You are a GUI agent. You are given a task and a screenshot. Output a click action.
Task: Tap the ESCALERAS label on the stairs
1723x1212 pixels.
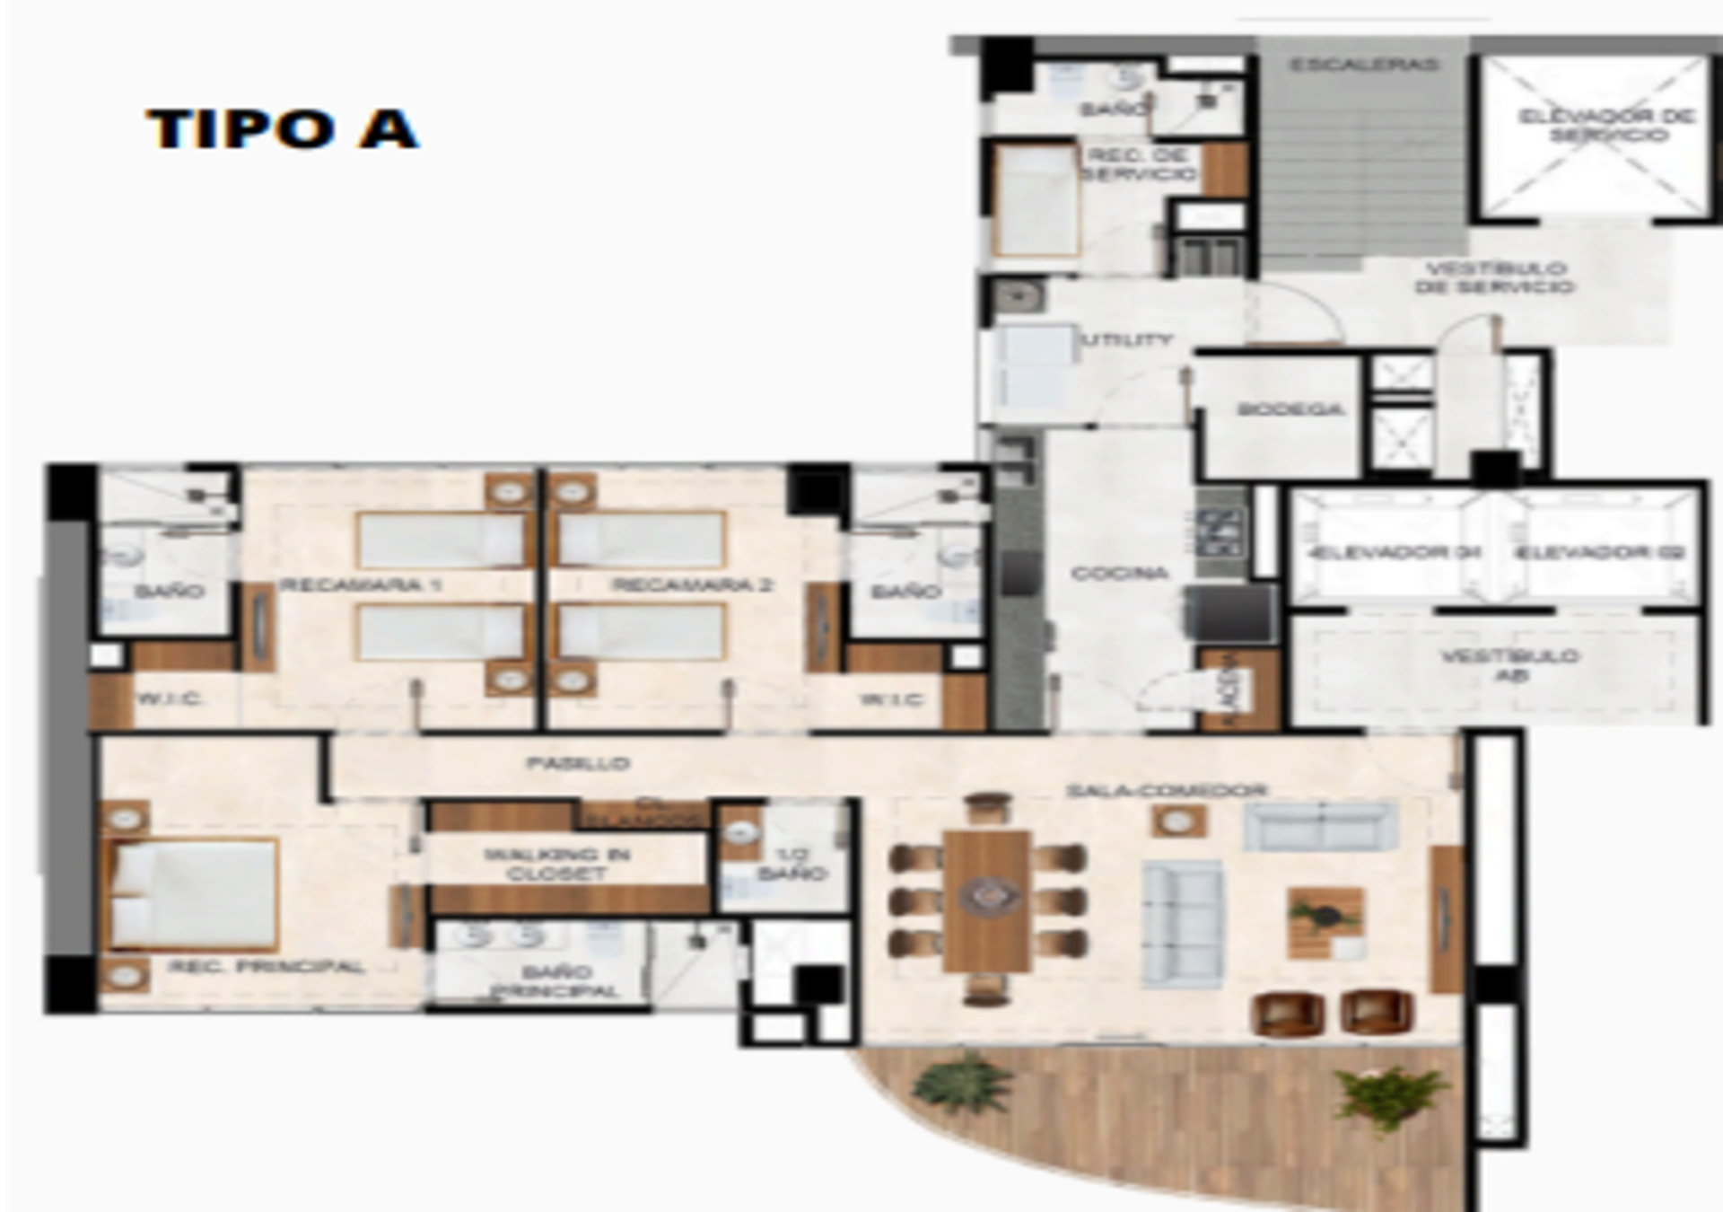coord(1364,65)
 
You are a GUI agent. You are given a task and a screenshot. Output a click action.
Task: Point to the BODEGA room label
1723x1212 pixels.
coord(1290,409)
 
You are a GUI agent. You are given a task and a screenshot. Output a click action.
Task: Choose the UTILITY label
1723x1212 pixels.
coord(1128,340)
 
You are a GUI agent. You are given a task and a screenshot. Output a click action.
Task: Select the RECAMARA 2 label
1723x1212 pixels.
coord(692,585)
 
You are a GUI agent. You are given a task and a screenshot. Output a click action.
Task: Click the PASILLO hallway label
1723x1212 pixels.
coord(578,764)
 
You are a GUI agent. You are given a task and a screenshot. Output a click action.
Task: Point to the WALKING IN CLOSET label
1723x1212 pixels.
coord(557,864)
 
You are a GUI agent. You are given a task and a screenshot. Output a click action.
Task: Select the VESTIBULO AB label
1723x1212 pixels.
coord(1509,665)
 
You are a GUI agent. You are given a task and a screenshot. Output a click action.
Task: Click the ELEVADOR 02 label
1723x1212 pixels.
coord(1599,552)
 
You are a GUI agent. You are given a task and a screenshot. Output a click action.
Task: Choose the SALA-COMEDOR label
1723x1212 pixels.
coord(1166,791)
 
